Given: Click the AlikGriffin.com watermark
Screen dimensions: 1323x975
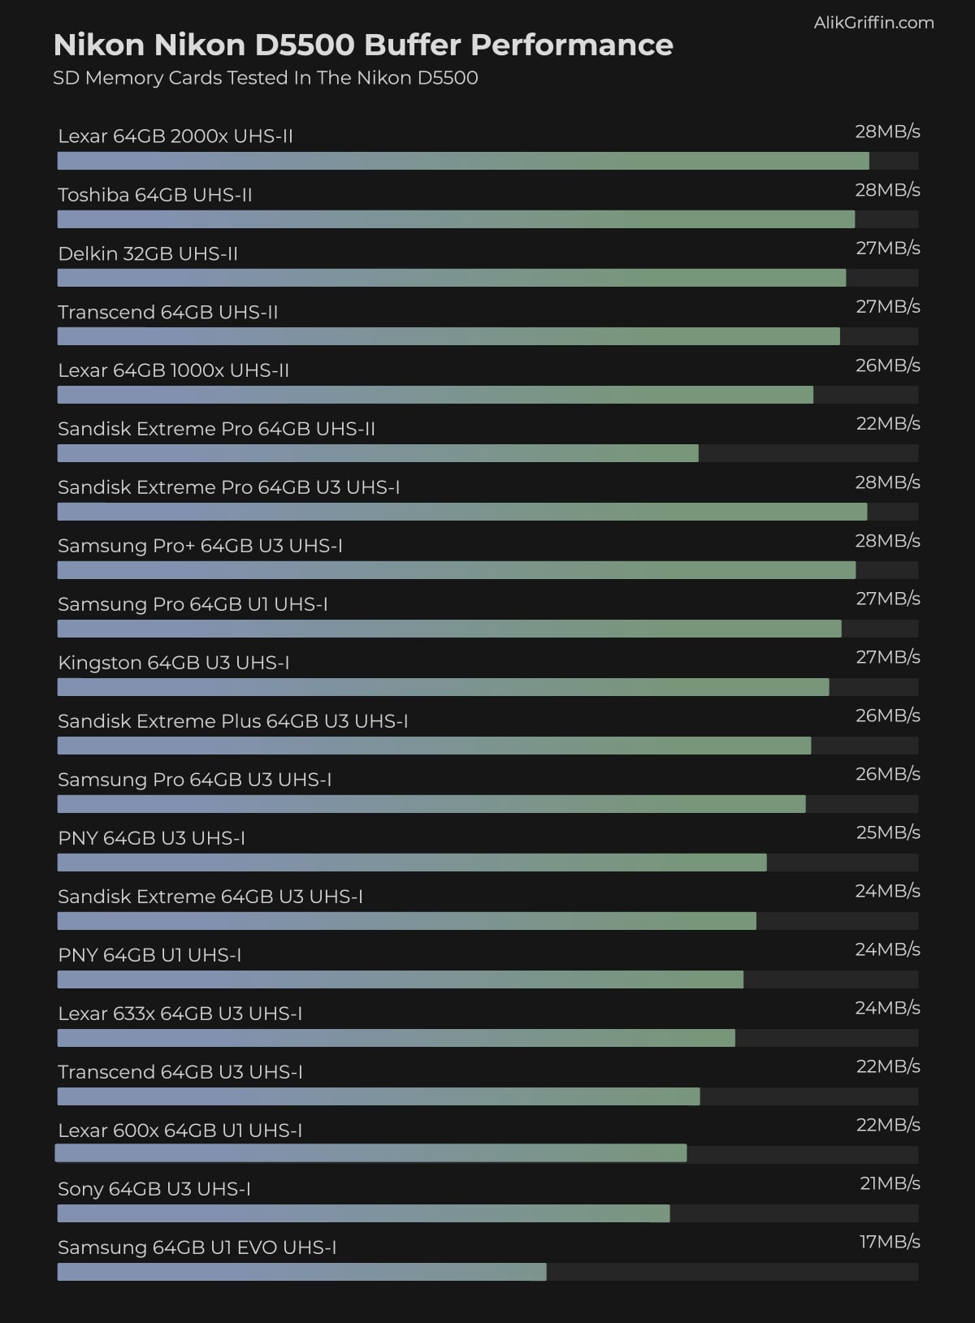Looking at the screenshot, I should click(x=873, y=23).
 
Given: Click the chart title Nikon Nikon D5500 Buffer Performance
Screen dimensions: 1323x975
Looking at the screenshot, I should click(x=362, y=45).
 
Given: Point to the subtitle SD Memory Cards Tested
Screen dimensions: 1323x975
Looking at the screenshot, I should click(x=265, y=78).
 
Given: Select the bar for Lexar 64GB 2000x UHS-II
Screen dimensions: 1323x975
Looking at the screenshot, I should click(x=463, y=161).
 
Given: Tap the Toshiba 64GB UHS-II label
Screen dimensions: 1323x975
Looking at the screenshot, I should click(x=155, y=195).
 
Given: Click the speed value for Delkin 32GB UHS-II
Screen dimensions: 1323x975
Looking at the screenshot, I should click(x=887, y=249).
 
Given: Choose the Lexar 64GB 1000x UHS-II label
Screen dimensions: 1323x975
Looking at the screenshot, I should click(x=173, y=370).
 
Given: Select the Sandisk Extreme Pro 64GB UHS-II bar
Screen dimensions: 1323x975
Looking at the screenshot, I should click(x=378, y=453).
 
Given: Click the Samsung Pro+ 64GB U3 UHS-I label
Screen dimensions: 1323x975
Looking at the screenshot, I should click(x=200, y=546).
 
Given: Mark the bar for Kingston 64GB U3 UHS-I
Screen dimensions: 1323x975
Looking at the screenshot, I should click(x=443, y=687).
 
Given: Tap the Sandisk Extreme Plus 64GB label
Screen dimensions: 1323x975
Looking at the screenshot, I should click(x=232, y=721).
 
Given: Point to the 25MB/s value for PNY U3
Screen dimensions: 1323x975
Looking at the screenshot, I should click(x=887, y=833).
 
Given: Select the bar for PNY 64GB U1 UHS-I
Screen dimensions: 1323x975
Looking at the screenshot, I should click(x=400, y=979).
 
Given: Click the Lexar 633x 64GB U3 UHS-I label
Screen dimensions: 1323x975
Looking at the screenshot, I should click(x=180, y=1014).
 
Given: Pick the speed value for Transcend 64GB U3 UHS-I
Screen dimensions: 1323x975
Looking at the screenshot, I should click(x=887, y=1067).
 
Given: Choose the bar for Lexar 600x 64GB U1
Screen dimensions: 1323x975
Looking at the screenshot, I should click(x=370, y=1153).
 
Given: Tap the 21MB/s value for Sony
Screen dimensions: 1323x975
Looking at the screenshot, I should click(x=889, y=1184).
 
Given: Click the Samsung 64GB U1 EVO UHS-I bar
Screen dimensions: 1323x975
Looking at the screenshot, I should click(x=301, y=1272).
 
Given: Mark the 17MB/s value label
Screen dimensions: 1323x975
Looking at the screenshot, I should click(x=889, y=1243).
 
